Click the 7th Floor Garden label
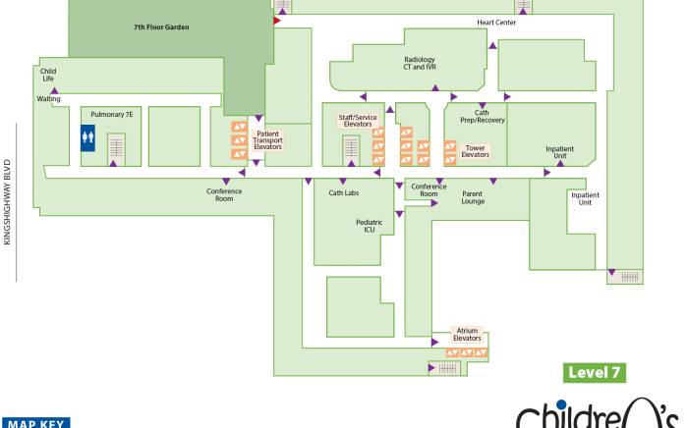[161, 27]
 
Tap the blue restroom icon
[87, 138]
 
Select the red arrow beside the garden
[277, 21]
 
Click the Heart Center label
[496, 23]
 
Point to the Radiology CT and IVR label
[420, 63]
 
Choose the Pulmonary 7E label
[111, 114]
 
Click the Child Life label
[48, 75]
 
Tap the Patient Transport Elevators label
[267, 140]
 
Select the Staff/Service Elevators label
[358, 121]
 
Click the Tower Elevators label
[475, 151]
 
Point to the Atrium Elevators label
[467, 334]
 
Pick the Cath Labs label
[344, 192]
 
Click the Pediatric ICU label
[369, 226]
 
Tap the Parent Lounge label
[473, 197]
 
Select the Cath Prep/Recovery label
[483, 116]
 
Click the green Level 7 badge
[595, 373]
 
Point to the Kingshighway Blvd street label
[7, 202]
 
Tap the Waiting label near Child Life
[48, 99]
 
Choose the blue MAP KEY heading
[36, 423]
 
